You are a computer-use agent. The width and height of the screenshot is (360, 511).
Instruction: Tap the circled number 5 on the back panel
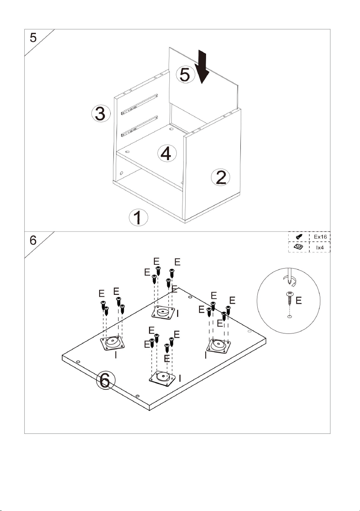tap(185, 74)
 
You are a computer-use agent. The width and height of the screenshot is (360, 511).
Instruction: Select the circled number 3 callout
tap(101, 113)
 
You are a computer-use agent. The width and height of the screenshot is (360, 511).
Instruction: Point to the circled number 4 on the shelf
tap(167, 153)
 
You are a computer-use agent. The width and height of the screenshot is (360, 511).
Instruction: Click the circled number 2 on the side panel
tap(220, 177)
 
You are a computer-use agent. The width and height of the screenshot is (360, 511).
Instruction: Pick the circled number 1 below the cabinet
tap(139, 217)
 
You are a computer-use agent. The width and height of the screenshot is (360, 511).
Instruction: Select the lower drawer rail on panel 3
tap(140, 126)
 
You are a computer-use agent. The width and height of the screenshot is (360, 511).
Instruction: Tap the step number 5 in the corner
tap(33, 38)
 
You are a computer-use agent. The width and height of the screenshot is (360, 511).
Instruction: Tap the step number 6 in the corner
tap(33, 240)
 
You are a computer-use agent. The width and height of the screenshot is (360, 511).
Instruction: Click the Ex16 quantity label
tap(320, 237)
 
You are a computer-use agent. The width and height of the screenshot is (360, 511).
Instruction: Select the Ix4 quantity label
tap(320, 247)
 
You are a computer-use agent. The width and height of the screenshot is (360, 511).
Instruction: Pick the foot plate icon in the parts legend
tap(298, 247)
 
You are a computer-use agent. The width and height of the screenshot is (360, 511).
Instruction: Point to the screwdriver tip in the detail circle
tap(289, 284)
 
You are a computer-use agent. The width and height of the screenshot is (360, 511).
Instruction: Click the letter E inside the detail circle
tap(299, 300)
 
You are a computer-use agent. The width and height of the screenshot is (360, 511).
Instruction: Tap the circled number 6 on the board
tap(106, 380)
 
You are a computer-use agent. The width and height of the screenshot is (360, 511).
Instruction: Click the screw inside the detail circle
tap(290, 298)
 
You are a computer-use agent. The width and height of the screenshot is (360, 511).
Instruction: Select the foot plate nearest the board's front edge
tap(162, 379)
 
